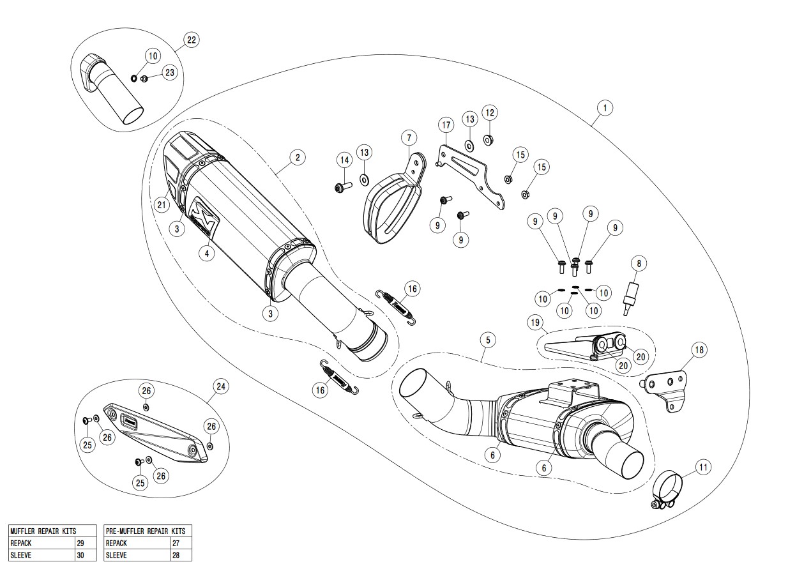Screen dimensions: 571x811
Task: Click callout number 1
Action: (603, 107)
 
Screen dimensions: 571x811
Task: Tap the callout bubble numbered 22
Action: (191, 40)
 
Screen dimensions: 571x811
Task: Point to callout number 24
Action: (221, 386)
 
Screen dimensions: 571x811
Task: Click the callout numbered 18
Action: (699, 349)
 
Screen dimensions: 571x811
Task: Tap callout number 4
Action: (206, 253)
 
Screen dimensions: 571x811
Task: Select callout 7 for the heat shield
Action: (409, 137)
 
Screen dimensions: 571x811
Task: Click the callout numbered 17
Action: (446, 124)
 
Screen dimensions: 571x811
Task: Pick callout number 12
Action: (489, 113)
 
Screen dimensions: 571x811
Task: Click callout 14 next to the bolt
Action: (344, 160)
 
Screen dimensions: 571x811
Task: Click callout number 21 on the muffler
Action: (161, 204)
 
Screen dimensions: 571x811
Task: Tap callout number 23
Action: (169, 73)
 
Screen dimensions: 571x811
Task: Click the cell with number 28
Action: (176, 555)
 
